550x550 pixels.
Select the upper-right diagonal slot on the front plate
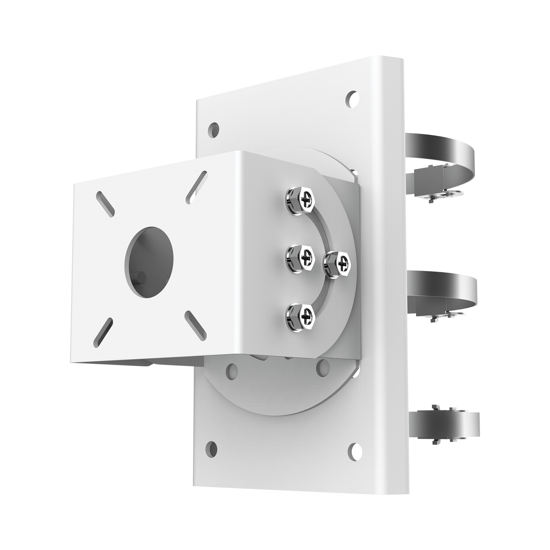197,187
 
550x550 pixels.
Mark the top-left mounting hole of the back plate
215,131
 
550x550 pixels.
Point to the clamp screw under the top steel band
433,199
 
